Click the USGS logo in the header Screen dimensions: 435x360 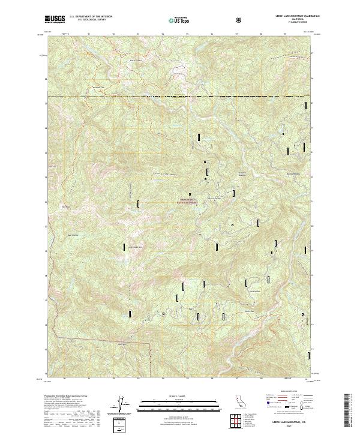point(55,20)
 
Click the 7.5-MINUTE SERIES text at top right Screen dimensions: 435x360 point(293,23)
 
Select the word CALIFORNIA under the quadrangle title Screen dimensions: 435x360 point(293,20)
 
